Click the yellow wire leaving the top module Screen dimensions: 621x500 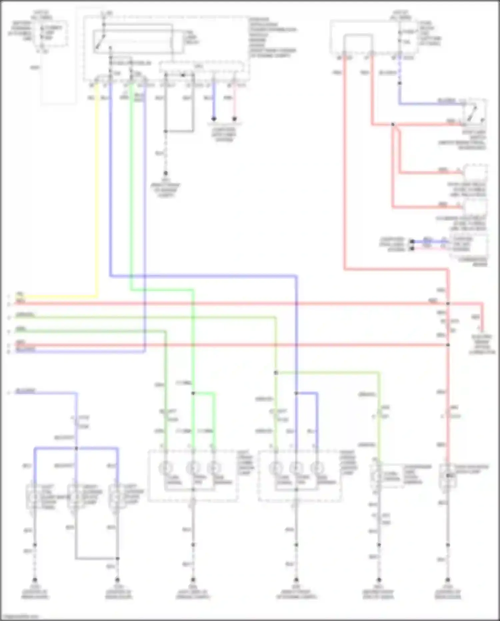(x=97, y=187)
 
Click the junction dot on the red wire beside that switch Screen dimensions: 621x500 (x=393, y=124)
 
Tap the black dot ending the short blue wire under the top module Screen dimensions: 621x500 (x=214, y=119)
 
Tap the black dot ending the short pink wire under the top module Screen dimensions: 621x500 (x=234, y=119)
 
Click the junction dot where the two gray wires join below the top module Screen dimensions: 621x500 (x=165, y=131)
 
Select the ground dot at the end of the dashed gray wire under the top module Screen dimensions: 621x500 (x=165, y=174)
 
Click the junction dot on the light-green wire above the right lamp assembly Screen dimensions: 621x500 (x=276, y=373)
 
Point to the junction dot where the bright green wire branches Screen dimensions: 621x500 (x=193, y=393)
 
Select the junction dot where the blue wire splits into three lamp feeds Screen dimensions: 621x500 (x=76, y=448)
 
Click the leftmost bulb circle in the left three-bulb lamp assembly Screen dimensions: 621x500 (x=166, y=468)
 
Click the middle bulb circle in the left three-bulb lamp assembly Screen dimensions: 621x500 (x=193, y=468)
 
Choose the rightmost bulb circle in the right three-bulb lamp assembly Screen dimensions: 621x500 (x=317, y=468)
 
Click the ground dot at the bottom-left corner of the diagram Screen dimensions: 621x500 (x=34, y=580)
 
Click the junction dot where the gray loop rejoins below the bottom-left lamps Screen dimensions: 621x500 (x=117, y=558)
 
